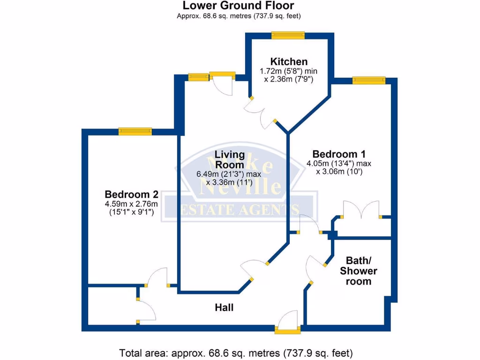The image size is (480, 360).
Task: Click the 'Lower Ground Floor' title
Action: pyautogui.click(x=239, y=6)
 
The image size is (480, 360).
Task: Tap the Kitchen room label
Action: pyautogui.click(x=289, y=61)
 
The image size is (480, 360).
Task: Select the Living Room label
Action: pyautogui.click(x=230, y=159)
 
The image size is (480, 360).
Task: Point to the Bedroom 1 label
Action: pyautogui.click(x=339, y=154)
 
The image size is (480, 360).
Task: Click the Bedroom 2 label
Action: pyautogui.click(x=131, y=194)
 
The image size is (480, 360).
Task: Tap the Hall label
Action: pyautogui.click(x=224, y=307)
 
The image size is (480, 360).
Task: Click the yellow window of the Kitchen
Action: pyautogui.click(x=288, y=35)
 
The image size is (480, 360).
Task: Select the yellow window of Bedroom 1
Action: pyautogui.click(x=369, y=80)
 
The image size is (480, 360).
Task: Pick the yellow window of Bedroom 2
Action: pyautogui.click(x=135, y=132)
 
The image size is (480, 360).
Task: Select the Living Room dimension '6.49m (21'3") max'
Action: pyautogui.click(x=229, y=174)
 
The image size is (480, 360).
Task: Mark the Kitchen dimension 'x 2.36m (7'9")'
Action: pyautogui.click(x=288, y=80)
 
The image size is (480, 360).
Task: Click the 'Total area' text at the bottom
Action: pyautogui.click(x=236, y=352)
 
